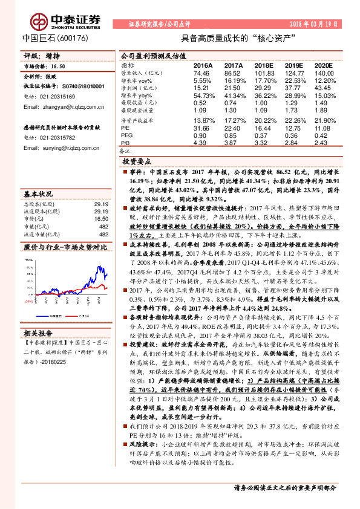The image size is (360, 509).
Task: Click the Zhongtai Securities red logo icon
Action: click(x=39, y=23)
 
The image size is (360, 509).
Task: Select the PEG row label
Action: click(x=127, y=135)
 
